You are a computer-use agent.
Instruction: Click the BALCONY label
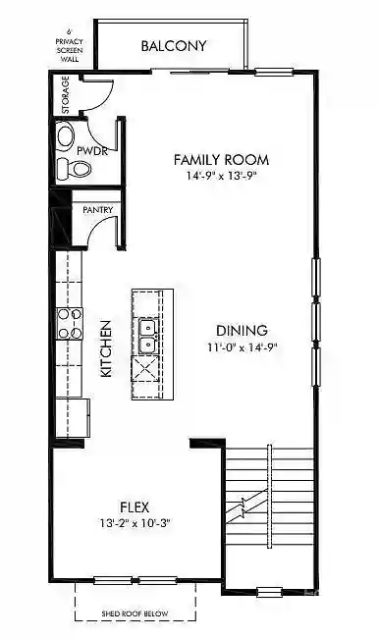point(174,45)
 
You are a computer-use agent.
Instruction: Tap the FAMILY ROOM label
point(221,159)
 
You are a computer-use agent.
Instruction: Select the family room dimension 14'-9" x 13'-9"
point(221,177)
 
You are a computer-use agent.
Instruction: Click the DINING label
point(243,331)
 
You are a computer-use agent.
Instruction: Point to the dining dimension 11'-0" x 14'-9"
point(242,347)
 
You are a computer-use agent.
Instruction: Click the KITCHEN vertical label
point(105,348)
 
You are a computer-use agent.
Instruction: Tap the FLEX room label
point(135,506)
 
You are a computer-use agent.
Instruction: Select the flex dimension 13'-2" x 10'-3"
point(135,523)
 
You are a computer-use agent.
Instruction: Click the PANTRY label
point(96,209)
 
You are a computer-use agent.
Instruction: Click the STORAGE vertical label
point(66,95)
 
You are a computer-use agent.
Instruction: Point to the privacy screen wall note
point(70,43)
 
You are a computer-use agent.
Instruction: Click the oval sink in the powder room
point(66,136)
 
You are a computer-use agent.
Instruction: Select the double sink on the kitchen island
point(148,335)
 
